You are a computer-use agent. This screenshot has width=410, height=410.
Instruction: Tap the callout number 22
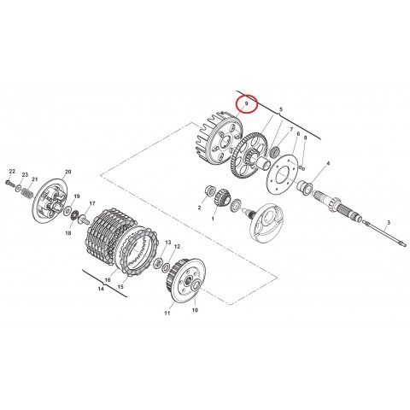12,171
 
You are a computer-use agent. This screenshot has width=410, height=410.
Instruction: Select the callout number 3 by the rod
389,222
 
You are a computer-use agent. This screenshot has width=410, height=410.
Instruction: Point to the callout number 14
101,289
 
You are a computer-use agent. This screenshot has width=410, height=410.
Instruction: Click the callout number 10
195,310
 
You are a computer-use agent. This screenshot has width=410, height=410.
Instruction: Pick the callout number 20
67,172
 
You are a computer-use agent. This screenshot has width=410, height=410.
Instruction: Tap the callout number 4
328,163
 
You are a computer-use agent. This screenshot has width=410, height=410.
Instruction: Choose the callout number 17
92,203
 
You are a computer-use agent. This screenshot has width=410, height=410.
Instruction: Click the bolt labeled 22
9,183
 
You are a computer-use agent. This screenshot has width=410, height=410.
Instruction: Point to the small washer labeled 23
19,188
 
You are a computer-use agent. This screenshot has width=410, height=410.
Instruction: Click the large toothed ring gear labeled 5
249,156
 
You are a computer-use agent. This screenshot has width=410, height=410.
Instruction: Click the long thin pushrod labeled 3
384,235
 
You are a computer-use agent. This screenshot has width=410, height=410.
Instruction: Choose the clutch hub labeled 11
185,280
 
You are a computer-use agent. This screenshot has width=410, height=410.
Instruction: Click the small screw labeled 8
302,167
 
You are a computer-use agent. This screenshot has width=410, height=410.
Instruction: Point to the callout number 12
177,247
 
